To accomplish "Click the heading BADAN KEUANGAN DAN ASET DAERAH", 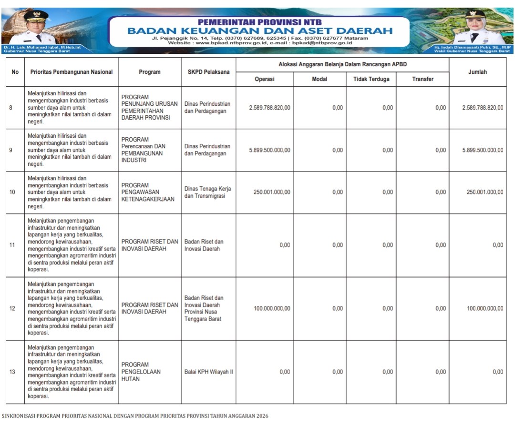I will (260, 31).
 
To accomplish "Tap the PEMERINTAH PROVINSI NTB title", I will (260, 22).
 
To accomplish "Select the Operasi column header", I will (264, 79).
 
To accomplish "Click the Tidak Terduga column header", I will (371, 79).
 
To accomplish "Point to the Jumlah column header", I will (477, 72).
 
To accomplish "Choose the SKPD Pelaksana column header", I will (208, 72).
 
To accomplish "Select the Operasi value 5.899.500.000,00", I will (269, 150).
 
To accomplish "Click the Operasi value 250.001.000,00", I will (271, 192).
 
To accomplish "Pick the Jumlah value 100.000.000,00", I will (485, 308).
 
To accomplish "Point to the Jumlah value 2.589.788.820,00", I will (483, 108).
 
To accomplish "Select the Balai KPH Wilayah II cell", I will (208, 372).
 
